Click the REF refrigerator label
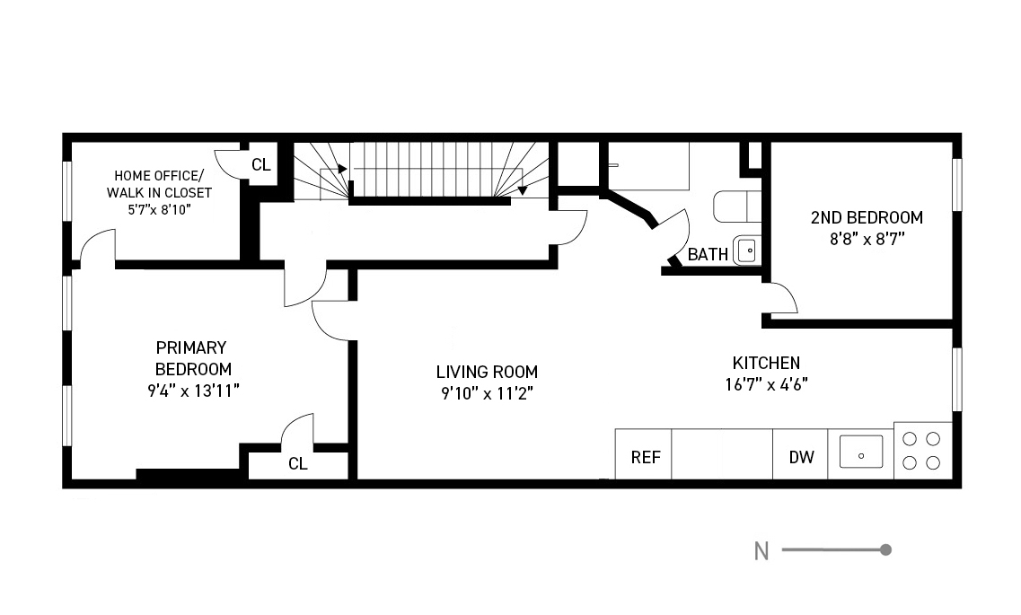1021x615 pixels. coord(646,458)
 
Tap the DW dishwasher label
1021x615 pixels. coord(802,458)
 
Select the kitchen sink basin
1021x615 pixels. coord(861,452)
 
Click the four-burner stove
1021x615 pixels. coord(922,451)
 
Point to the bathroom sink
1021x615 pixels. coord(746,250)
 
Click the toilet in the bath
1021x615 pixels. coord(737,207)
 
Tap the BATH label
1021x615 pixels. coord(708,254)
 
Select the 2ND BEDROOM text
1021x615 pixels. coord(867,217)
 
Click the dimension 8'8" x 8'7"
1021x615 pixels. coord(867,240)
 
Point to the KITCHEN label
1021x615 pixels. coord(766,363)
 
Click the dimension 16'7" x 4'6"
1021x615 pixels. coord(766,384)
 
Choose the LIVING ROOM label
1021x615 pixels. coord(487,373)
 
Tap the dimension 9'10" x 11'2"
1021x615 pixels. coord(487,394)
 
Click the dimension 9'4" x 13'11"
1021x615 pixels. coord(193,391)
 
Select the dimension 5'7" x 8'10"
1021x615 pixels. coord(159,209)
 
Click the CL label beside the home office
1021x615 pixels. coord(261,165)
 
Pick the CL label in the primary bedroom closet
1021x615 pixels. coord(297,464)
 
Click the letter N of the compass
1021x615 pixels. coord(761,551)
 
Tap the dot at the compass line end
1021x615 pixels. coord(885,550)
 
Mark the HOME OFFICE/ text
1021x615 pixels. coord(159,176)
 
